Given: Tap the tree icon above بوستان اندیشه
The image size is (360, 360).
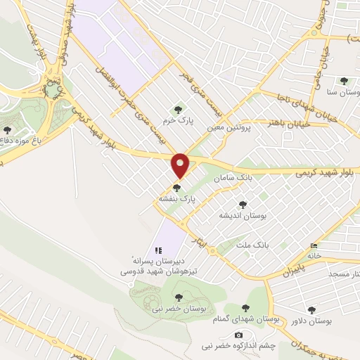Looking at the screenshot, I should tap(243, 205).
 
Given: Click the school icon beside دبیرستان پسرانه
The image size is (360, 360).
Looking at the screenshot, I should tap(159, 250).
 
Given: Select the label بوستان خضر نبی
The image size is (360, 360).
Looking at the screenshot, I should tap(184, 309).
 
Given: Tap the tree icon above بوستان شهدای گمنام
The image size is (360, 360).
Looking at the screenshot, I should tap(245, 307).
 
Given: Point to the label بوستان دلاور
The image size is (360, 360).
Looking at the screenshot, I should tap(310, 321).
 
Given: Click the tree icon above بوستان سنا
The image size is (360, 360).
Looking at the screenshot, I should tap(344, 82).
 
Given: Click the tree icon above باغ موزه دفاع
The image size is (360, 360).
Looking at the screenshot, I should tap(8, 130).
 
